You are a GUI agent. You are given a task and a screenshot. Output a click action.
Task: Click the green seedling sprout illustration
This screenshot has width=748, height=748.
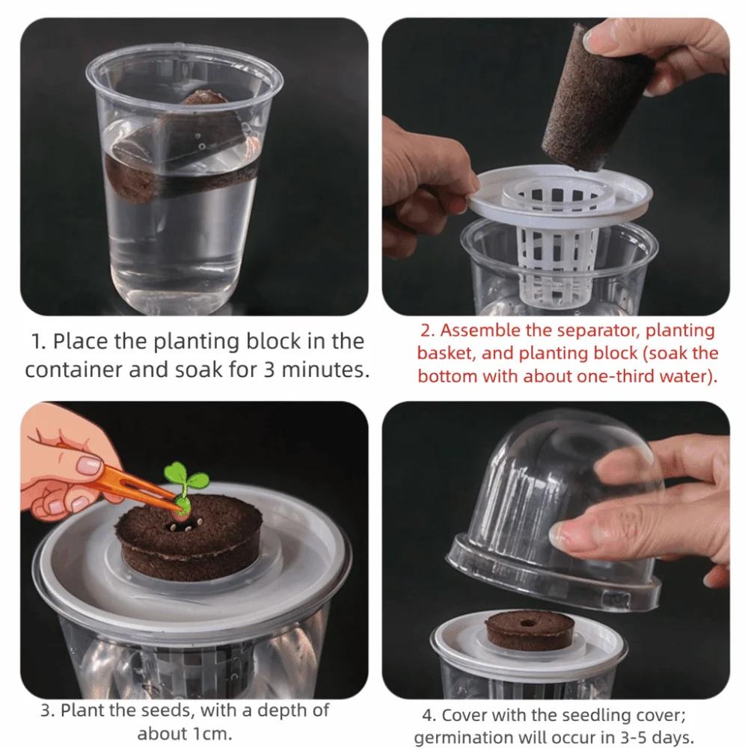coord(177,479)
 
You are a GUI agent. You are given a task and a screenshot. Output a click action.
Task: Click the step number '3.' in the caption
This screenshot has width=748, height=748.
coord(47,709)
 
